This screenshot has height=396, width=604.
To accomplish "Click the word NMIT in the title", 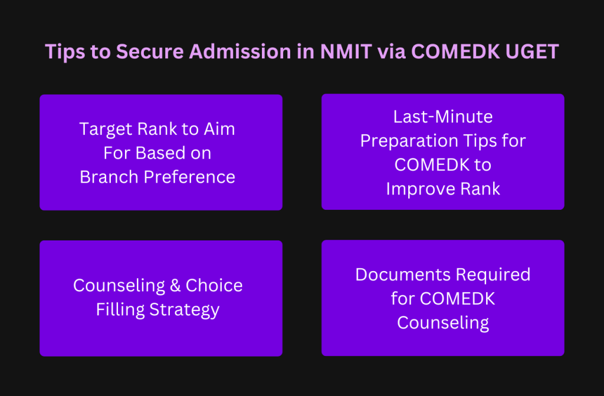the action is (x=346, y=51).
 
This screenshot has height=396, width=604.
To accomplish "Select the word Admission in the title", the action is (x=240, y=51).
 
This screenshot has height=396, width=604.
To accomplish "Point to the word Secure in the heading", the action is (x=150, y=51).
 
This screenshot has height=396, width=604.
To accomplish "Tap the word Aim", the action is (x=219, y=129).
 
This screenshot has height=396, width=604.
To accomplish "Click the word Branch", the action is (x=109, y=177).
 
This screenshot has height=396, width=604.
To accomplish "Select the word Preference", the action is (x=189, y=177).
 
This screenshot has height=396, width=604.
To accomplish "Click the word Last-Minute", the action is (x=443, y=117).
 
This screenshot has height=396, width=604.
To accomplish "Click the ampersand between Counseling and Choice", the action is (x=175, y=286).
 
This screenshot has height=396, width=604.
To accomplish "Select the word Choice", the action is (x=214, y=286).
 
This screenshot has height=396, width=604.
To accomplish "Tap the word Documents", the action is (x=402, y=275).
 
